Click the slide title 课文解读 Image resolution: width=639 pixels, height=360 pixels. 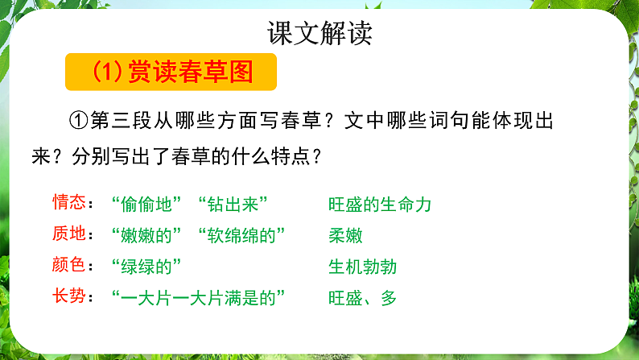pyautogui.click(x=319, y=33)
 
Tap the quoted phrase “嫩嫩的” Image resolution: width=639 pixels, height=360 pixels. pyautogui.click(x=144, y=235)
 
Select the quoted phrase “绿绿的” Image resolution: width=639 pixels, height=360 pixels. pyautogui.click(x=144, y=267)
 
